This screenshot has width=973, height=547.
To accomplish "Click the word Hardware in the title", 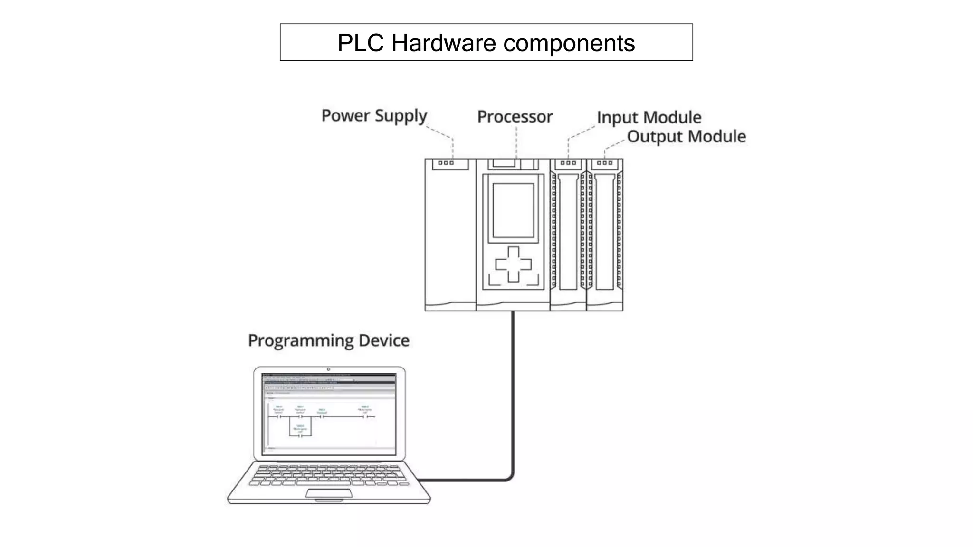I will point(444,43).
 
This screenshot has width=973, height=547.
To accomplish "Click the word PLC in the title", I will point(360,43).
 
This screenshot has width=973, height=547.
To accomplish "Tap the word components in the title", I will point(569,43).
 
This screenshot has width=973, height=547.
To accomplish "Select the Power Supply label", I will point(374,116).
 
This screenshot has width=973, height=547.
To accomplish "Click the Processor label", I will point(515,117).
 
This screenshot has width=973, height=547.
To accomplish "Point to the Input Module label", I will point(649,117).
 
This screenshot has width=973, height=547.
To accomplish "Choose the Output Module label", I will point(686,137).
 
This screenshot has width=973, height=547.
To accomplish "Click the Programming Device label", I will point(328,340).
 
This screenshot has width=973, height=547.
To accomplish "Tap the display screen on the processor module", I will point(513,210).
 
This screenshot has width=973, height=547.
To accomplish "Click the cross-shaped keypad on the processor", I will point(513,264).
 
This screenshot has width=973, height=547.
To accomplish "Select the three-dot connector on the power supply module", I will point(446,163).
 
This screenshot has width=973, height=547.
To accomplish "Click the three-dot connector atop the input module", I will point(568,163).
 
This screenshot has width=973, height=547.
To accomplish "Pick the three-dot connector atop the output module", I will point(604,163).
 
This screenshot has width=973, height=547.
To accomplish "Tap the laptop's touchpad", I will point(329,493).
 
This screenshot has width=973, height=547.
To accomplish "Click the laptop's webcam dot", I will point(328,369).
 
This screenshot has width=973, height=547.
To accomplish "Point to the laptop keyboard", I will point(329,475).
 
